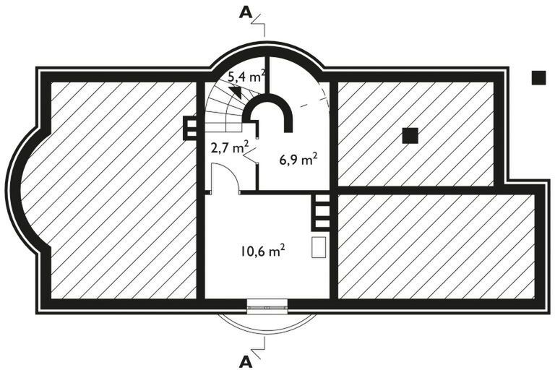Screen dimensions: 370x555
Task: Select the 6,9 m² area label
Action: click(298, 159)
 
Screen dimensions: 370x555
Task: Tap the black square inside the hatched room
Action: click(410, 135)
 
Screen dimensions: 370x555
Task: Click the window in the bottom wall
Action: click(267, 306)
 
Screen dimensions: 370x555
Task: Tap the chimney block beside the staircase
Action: click(191, 127)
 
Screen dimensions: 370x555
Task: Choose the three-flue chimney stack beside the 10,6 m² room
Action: click(322, 214)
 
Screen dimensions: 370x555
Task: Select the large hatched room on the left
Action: click(123, 188)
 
